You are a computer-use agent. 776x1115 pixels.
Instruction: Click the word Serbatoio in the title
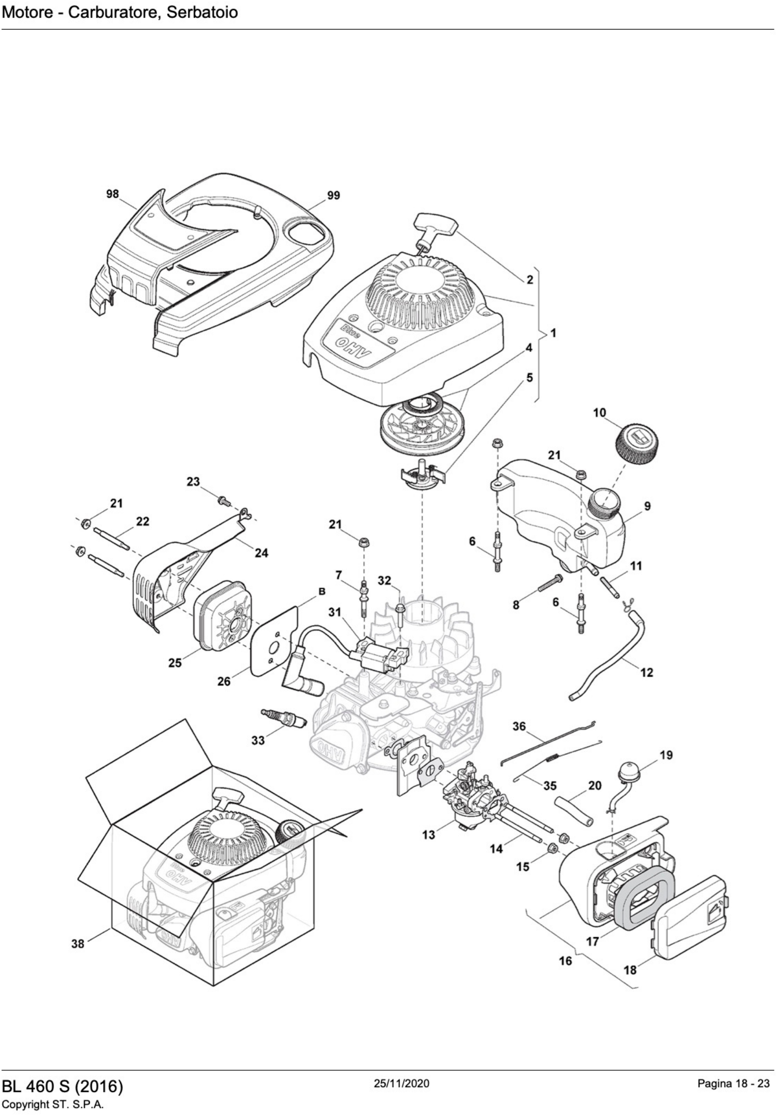tap(202, 12)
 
